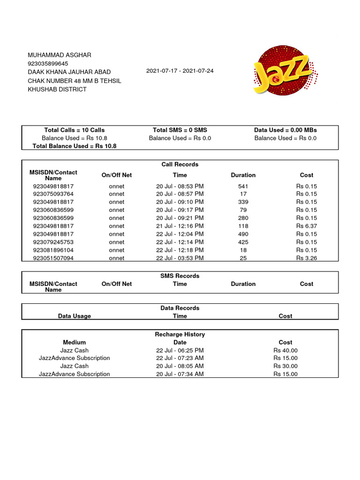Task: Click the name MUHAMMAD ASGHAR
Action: coord(60,55)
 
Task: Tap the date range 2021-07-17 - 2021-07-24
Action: coord(180,71)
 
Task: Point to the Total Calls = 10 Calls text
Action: coord(75,130)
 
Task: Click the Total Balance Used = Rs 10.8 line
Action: coord(75,146)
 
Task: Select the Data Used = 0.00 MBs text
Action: coord(285,130)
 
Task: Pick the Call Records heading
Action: coord(180,165)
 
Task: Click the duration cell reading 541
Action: coord(243,186)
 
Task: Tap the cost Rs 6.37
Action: coord(307,226)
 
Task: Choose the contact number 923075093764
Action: coord(53,194)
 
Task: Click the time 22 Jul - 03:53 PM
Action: coord(180,258)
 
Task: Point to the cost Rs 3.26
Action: coord(307,258)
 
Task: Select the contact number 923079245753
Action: coord(53,242)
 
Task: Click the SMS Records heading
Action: coord(180,276)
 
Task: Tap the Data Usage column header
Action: coord(75,316)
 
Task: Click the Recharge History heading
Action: coord(180,335)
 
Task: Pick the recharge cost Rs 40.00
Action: coord(285,351)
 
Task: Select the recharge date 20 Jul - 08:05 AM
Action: coord(180,366)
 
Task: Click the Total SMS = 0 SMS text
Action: coord(180,130)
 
